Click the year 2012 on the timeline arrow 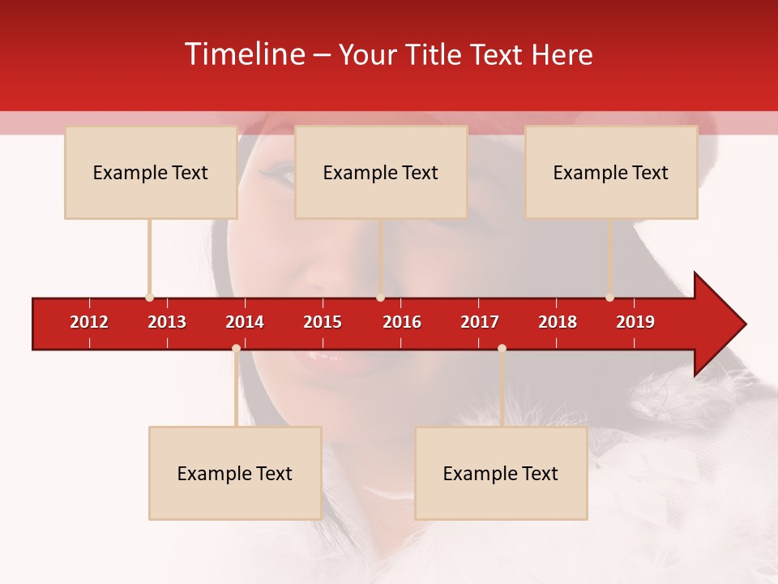(89, 322)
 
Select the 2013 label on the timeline (167, 322)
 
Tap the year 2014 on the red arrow (245, 322)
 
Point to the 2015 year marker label (323, 322)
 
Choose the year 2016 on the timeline (402, 322)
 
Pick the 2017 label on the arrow (480, 322)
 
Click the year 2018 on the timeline (558, 322)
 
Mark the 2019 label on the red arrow (635, 322)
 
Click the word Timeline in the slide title (245, 54)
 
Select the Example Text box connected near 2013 (151, 172)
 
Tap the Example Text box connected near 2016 (381, 172)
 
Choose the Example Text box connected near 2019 (611, 172)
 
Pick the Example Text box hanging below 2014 (235, 473)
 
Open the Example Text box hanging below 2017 (501, 473)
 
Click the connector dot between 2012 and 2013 (149, 298)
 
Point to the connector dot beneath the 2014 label (236, 349)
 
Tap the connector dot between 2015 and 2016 (380, 298)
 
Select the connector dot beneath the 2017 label (502, 349)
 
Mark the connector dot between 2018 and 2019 (610, 298)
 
